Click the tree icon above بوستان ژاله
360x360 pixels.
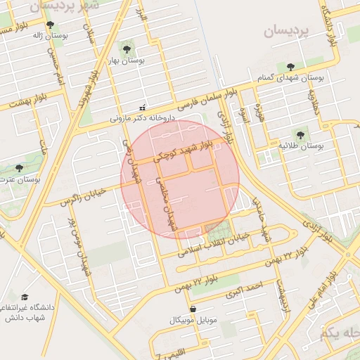point(49,25)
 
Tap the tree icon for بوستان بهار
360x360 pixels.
point(127,49)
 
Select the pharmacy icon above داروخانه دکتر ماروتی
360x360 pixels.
point(143,108)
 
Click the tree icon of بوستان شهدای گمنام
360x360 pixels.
point(290,67)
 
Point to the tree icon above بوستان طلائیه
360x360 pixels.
point(300,133)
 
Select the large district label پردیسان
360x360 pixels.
point(286,31)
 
